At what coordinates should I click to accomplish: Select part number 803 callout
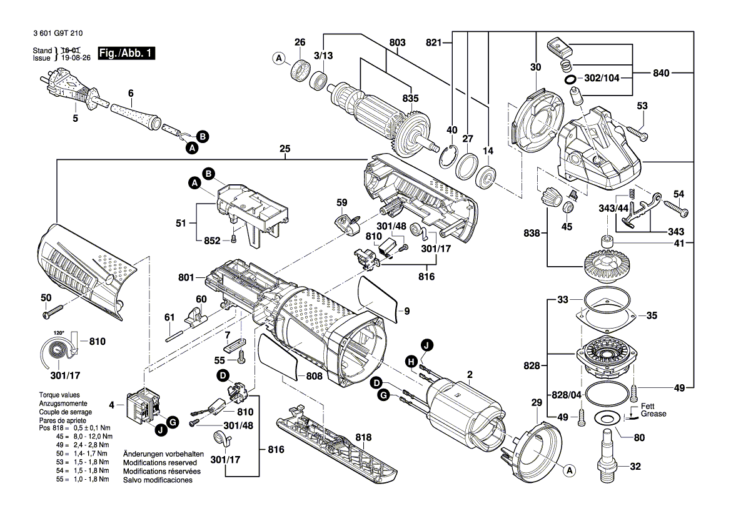click(397, 42)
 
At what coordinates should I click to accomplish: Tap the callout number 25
click(285, 149)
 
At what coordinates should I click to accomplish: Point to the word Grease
click(653, 414)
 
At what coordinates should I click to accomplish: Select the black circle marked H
click(411, 361)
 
